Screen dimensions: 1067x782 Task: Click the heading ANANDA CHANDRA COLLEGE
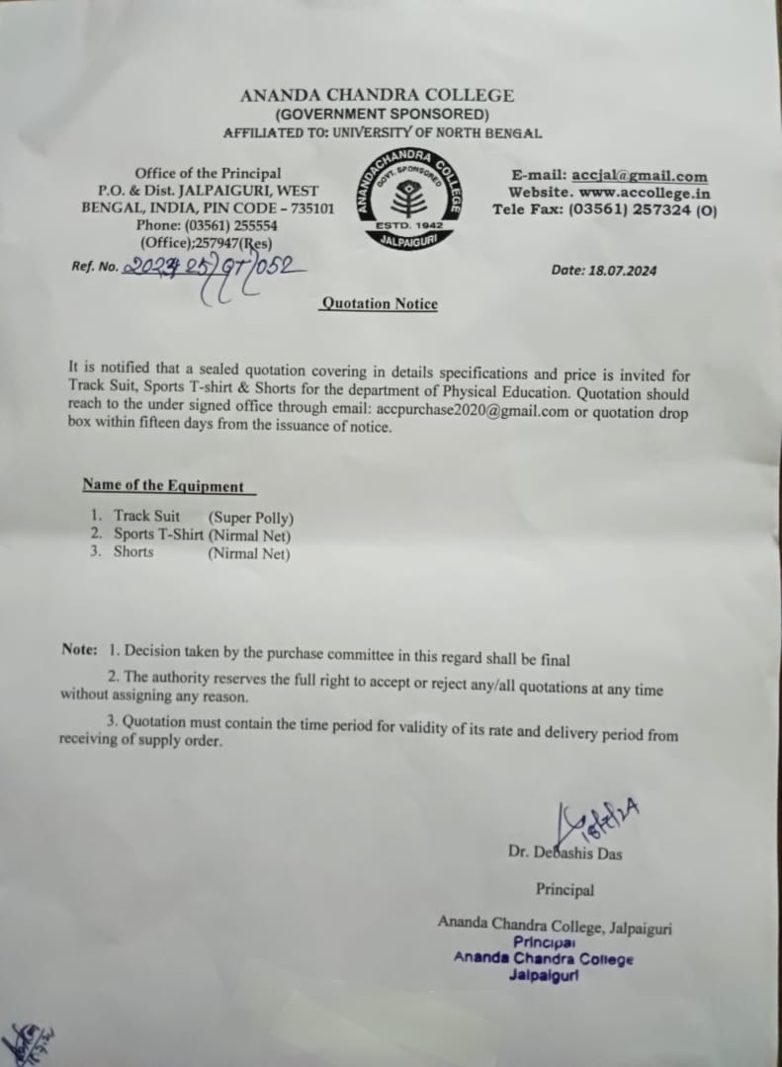pyautogui.click(x=377, y=96)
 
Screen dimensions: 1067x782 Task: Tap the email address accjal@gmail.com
pyautogui.click(x=640, y=176)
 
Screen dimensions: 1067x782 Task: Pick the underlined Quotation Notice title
pyautogui.click(x=378, y=303)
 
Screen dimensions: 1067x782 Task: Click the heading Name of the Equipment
pyautogui.click(x=163, y=486)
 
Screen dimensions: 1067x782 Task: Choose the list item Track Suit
pyautogui.click(x=146, y=517)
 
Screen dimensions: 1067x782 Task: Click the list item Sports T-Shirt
pyautogui.click(x=158, y=534)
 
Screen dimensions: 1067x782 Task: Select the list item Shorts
pyautogui.click(x=133, y=552)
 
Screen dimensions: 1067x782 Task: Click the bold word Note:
pyautogui.click(x=79, y=649)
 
